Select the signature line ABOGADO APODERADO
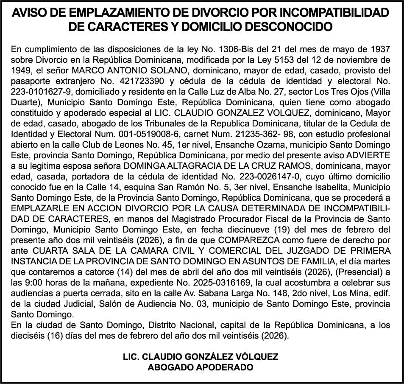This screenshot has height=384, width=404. point(201,367)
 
